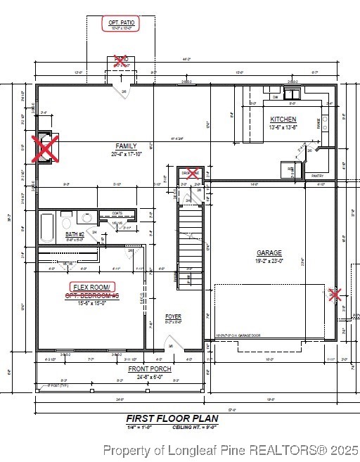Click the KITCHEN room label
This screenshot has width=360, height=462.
(x=283, y=120)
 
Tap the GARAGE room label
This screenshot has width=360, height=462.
(x=269, y=253)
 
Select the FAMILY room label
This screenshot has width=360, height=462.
(x=127, y=146)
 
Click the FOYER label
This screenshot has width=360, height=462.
(x=173, y=317)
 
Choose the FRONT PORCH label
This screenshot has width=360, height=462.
(x=146, y=369)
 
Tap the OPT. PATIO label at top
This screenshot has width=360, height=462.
(x=120, y=24)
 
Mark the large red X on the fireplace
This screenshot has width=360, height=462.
(x=47, y=147)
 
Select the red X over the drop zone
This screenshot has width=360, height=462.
(x=191, y=173)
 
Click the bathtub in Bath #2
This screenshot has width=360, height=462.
(x=47, y=228)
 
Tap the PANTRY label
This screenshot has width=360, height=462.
(x=318, y=176)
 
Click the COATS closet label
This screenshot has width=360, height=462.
(x=117, y=213)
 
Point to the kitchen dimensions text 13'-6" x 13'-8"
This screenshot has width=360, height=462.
(x=283, y=127)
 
